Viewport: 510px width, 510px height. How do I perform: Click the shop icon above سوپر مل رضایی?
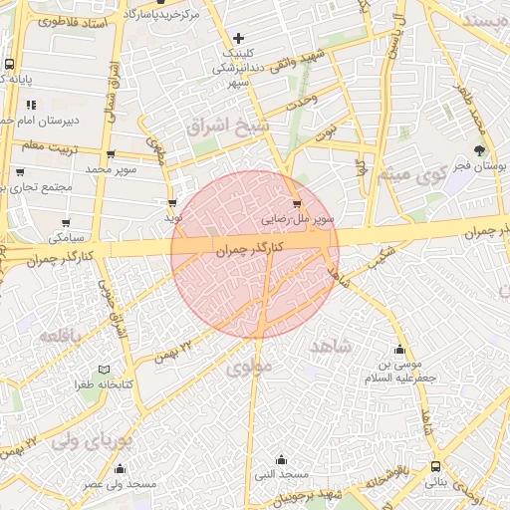[297, 204]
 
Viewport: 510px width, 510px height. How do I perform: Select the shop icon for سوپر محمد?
[110, 154]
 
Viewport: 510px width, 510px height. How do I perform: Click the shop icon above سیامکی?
[66, 223]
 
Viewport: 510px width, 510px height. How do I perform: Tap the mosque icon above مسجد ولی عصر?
[121, 469]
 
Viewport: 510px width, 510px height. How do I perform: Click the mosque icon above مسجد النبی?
[282, 460]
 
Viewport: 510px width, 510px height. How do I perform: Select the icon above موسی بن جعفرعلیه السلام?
[399, 350]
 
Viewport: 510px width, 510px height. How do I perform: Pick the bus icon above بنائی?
[436, 466]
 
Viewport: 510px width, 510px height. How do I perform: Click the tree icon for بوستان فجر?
[480, 149]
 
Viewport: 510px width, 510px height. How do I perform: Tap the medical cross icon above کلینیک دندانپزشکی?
[237, 38]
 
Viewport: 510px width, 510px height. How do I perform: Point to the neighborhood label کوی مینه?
[407, 176]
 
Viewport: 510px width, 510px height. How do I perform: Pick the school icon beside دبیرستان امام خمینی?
[32, 104]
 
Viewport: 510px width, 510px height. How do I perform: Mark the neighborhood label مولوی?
[248, 369]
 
